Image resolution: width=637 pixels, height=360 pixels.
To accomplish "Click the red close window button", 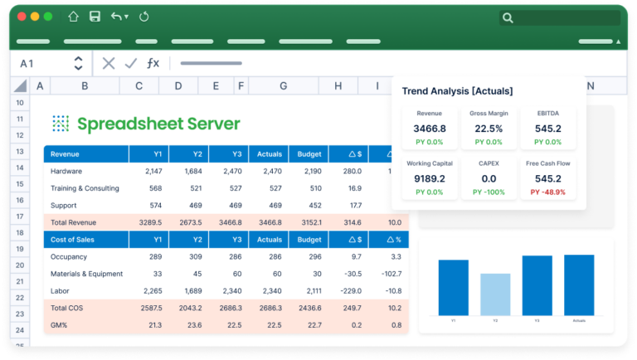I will pyautogui.click(x=21, y=17).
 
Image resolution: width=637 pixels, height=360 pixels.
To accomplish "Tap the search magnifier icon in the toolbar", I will pyautogui.click(x=508, y=17).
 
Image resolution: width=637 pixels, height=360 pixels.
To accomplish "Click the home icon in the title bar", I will pyautogui.click(x=74, y=17).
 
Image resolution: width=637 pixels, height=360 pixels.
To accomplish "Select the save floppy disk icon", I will pyautogui.click(x=95, y=17).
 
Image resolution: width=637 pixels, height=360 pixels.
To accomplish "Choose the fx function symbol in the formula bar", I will pyautogui.click(x=153, y=63).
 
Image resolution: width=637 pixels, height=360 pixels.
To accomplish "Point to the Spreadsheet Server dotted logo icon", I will pyautogui.click(x=61, y=124).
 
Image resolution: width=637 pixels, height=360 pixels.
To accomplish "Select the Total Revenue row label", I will pyautogui.click(x=73, y=222).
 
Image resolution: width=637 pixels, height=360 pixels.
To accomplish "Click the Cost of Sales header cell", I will pyautogui.click(x=72, y=240).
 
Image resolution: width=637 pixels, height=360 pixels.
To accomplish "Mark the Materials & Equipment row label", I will pyautogui.click(x=86, y=274).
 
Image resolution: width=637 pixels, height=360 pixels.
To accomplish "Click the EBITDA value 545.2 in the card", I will pyautogui.click(x=547, y=129).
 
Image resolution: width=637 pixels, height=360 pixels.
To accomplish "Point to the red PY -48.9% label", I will pyautogui.click(x=547, y=192).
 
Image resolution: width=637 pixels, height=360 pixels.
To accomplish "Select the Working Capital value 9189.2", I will pyautogui.click(x=429, y=178).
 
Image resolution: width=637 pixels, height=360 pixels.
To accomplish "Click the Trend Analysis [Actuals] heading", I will pyautogui.click(x=457, y=91).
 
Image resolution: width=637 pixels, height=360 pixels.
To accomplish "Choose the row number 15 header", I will pyautogui.click(x=19, y=171).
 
